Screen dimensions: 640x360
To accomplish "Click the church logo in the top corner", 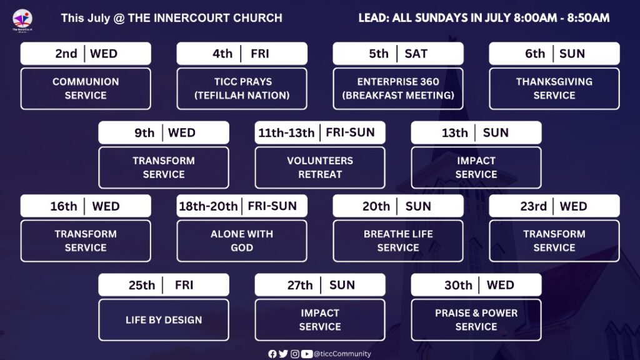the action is point(22,21).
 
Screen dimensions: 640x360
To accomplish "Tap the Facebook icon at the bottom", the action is point(272,354).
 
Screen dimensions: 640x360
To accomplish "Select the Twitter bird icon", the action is point(283,354).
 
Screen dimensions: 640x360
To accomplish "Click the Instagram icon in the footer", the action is point(295,354).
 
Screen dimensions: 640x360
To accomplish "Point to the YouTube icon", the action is point(306,354).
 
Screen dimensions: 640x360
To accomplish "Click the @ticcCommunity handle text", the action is point(342,354).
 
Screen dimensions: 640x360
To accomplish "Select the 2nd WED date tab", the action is point(86,54).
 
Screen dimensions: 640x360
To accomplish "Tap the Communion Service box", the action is point(86,89).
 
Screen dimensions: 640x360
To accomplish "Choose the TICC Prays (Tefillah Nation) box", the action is point(242,89).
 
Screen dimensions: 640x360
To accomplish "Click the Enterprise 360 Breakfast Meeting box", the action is point(398,89).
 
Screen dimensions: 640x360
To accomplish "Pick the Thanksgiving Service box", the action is point(554,89).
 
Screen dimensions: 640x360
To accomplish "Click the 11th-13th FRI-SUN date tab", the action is point(320,132).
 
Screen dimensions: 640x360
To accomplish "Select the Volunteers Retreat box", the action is point(320,167).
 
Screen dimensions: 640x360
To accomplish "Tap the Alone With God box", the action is point(242,241).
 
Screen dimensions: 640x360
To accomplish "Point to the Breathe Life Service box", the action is point(398,241).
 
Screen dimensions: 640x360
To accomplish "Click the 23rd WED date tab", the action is point(554,206).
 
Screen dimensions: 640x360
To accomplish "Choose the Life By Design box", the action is point(164,320).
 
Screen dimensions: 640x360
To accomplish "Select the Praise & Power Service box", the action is point(476,320).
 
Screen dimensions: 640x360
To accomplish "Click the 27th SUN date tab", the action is point(320,285).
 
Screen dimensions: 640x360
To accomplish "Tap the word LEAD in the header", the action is point(373,18).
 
